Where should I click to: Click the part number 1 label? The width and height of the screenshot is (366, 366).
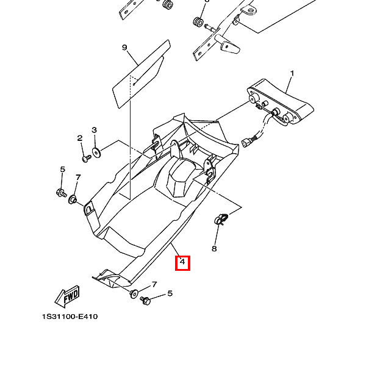pos(292,74)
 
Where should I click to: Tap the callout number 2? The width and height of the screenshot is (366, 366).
pos(80,138)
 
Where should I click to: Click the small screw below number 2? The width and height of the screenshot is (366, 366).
pos(86,158)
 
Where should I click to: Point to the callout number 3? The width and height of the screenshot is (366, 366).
pos(95,130)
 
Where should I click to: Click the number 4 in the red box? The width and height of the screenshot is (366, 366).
pos(182,263)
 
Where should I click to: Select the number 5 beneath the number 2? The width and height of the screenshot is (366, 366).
pos(62,169)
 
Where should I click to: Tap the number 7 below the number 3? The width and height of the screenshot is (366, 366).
pos(78,178)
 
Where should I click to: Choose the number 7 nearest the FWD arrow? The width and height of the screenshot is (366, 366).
pos(154,284)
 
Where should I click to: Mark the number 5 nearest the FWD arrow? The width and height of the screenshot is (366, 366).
pos(170,293)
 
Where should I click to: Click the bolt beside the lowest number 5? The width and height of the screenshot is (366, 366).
pos(145,301)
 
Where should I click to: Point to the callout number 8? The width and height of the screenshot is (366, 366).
pos(214,248)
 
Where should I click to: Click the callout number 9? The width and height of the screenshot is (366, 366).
pos(124,48)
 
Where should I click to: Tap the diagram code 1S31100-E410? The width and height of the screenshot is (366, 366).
pos(70,317)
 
